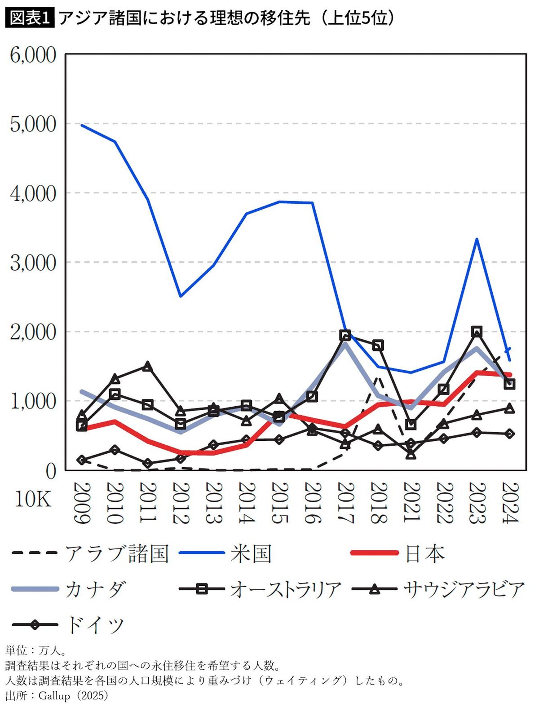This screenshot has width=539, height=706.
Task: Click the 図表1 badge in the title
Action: [30, 18]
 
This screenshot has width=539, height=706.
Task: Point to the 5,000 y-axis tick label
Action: [33, 124]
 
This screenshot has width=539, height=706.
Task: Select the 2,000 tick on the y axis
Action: [33, 332]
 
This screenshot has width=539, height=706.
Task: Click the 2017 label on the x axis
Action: [345, 503]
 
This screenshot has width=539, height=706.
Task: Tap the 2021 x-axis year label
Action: [411, 503]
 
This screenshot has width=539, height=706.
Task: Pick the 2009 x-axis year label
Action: [82, 503]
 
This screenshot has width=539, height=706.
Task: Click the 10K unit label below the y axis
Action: [33, 499]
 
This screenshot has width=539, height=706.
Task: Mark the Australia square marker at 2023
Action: [477, 332]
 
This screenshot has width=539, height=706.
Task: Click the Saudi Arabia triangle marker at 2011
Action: [147, 366]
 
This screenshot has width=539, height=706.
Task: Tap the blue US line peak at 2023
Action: [477, 239]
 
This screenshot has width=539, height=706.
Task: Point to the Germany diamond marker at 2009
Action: [82, 460]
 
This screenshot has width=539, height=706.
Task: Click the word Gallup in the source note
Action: [54, 696]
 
